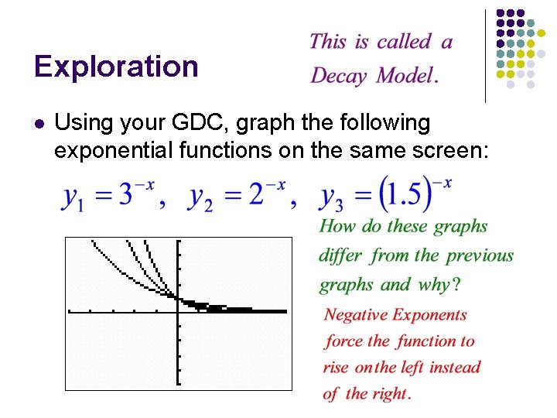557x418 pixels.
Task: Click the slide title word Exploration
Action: coord(116,67)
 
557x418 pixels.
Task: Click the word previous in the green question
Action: coord(480,255)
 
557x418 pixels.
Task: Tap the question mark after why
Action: coord(456,285)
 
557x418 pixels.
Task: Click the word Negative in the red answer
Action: coord(357,314)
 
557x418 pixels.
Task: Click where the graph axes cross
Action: coord(178,311)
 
